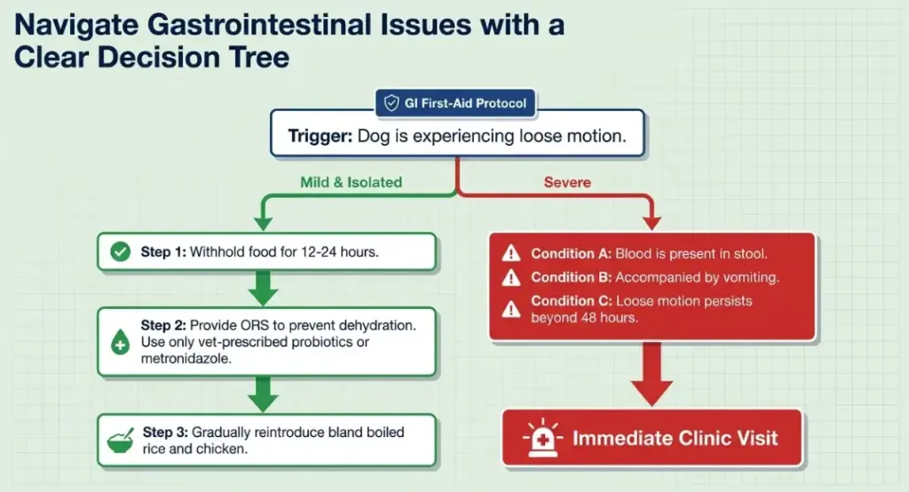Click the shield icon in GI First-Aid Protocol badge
391,104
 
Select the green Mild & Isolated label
351,182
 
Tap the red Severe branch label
567,182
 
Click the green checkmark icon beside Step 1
120,252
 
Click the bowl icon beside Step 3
120,440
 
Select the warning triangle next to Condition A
511,253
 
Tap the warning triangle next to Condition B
511,278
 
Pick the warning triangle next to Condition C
511,308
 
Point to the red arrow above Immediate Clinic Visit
652,373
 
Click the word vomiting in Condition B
748,278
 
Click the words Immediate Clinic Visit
675,439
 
